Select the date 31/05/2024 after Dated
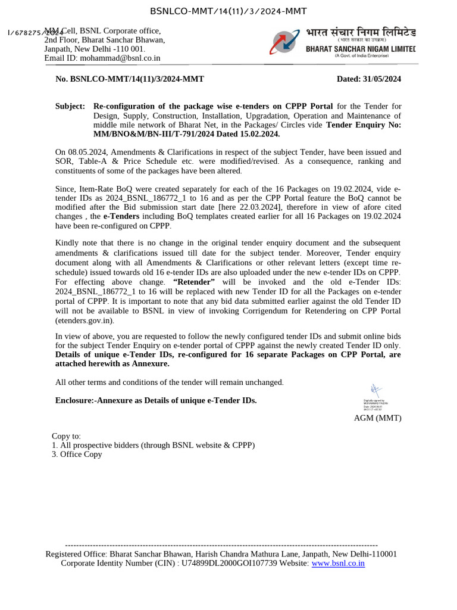pyautogui.click(x=381, y=79)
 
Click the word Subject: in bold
pyautogui.click(x=70, y=106)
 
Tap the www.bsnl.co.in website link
pyautogui.click(x=338, y=563)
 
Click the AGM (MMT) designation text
pyautogui.click(x=377, y=418)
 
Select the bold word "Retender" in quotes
pyautogui.click(x=193, y=282)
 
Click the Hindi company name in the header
pyautogui.click(x=361, y=32)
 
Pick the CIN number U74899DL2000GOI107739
pyautogui.click(x=229, y=563)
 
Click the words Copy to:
pyautogui.click(x=67, y=436)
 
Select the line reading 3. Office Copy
pyautogui.click(x=77, y=454)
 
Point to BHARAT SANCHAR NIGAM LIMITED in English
pyautogui.click(x=361, y=48)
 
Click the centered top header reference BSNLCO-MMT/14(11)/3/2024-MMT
pyautogui.click(x=228, y=11)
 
